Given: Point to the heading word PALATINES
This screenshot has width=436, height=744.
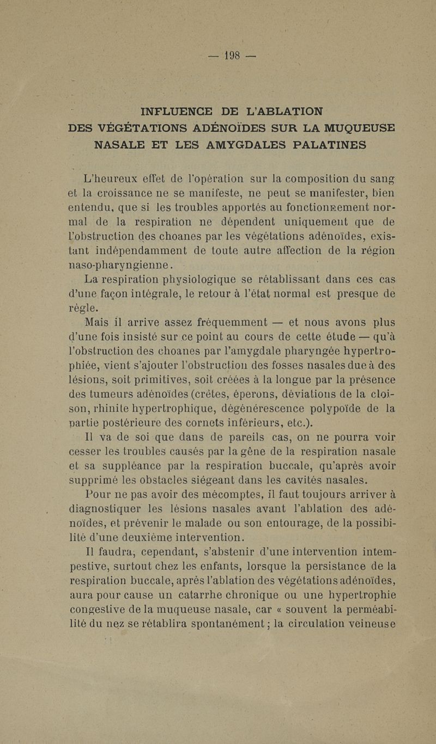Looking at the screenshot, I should click(330, 145).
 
